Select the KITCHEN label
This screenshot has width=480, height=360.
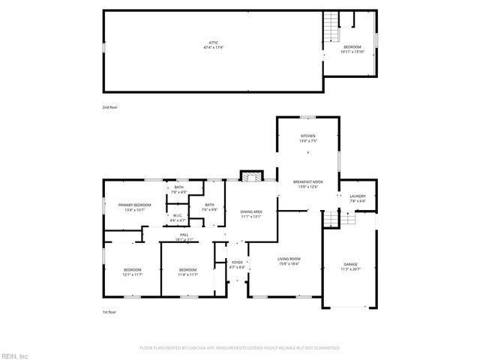pos(308,136)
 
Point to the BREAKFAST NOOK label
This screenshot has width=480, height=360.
pos(308,182)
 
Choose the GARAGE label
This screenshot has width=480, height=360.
pos(350,265)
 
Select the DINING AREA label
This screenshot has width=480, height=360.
pos(250,212)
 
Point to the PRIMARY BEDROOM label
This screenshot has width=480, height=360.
pos(134,205)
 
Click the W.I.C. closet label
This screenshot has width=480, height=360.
pos(178,217)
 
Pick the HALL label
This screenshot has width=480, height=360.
pos(184,235)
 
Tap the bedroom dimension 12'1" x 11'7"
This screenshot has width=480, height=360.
pos(131,274)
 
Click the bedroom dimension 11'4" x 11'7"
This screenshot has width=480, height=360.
pos(187,274)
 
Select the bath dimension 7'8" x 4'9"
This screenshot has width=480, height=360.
pos(179,192)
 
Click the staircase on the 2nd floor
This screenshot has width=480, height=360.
pos(328,28)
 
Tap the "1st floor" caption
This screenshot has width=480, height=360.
pos(109,312)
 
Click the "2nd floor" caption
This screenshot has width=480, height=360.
pos(109,107)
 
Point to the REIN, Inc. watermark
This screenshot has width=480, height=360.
pos(15,355)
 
